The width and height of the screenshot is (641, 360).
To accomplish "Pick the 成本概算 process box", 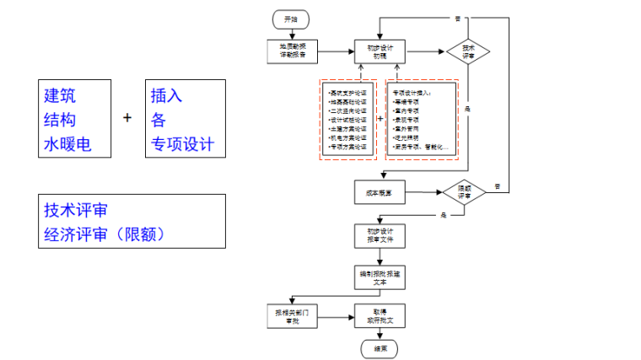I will tap(380, 193).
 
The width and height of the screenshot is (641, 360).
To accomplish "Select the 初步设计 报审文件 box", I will tap(380, 235).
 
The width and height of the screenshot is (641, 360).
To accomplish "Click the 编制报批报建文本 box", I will tap(380, 278).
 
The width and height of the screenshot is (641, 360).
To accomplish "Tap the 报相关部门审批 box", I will tap(292, 316).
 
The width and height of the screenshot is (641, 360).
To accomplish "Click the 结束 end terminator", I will tap(380, 347).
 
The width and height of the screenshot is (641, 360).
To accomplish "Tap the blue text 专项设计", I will tap(182, 144).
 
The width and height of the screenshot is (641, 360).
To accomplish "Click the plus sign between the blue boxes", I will tap(128, 117).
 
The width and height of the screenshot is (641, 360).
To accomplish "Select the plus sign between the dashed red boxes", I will tap(380, 118).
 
